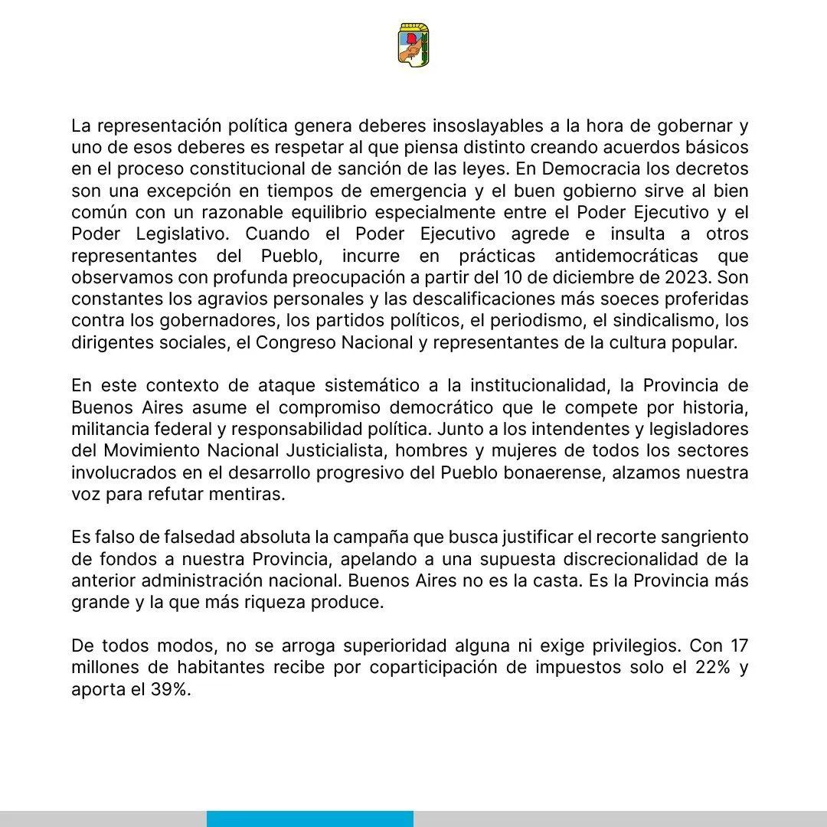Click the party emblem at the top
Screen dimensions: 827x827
point(413,44)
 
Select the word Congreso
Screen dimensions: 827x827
point(293,342)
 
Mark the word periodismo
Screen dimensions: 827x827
point(523,320)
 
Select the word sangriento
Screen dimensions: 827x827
point(701,538)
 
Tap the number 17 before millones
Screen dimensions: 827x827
point(739,646)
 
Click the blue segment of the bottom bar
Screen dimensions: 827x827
point(309,819)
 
